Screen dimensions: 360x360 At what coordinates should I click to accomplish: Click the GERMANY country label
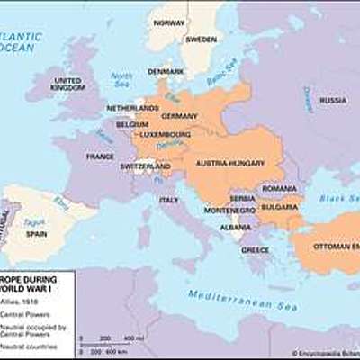[180, 117]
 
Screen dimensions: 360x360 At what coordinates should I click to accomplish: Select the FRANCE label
[99, 157]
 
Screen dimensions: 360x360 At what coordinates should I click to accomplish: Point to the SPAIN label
[36, 233]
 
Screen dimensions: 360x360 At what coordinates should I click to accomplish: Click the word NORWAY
[168, 22]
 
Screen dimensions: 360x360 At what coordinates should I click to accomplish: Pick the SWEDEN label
[201, 40]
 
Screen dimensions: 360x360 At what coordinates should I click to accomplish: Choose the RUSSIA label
[332, 100]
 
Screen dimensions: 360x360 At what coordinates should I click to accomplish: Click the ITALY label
[168, 200]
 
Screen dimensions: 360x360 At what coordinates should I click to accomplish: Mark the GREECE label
[255, 249]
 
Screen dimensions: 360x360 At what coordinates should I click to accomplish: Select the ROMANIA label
[278, 187]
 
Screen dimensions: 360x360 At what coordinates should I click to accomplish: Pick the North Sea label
[121, 80]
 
